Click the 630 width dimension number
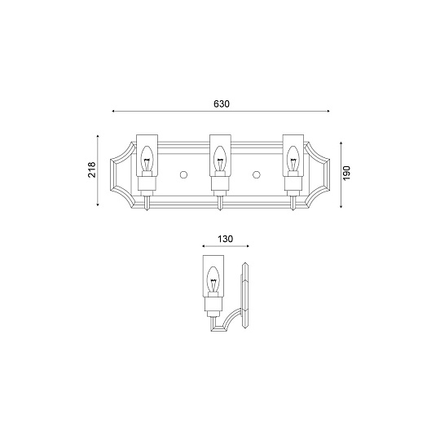tap(221, 103)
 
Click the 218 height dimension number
tap(92, 169)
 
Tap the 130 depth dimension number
tap(226, 239)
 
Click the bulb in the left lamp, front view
tap(147, 161)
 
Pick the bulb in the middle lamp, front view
tap(218, 161)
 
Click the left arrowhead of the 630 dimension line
tap(114, 112)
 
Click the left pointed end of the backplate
tap(112, 172)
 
